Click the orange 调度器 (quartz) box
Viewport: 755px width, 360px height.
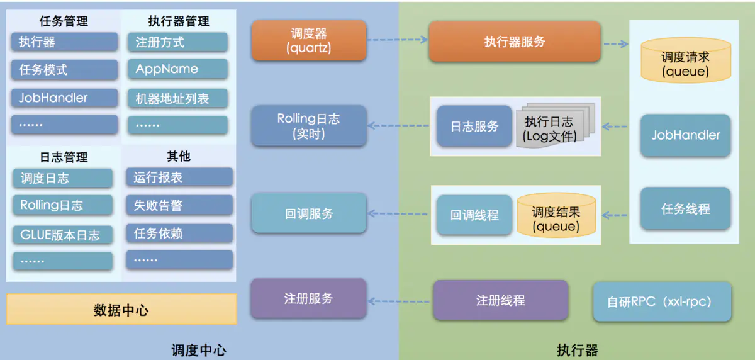308,40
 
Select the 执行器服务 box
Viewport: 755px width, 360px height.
515,42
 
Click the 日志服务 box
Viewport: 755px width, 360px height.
474,127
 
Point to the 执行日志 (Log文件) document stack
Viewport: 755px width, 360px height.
550,128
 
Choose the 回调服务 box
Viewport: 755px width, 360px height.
308,214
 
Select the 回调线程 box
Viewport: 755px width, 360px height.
474,215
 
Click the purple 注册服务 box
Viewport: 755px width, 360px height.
308,298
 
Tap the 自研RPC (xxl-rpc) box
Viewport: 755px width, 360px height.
663,302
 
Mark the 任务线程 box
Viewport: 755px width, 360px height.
685,209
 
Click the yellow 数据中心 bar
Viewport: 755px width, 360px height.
121,310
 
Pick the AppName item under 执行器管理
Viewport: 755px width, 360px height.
178,69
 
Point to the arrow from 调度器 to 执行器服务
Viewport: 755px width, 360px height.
397,40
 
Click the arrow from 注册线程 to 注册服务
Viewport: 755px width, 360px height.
400,301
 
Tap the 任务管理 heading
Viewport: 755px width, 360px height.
64,21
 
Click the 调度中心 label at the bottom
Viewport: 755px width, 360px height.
198,350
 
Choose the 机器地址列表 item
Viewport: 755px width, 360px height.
178,98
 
